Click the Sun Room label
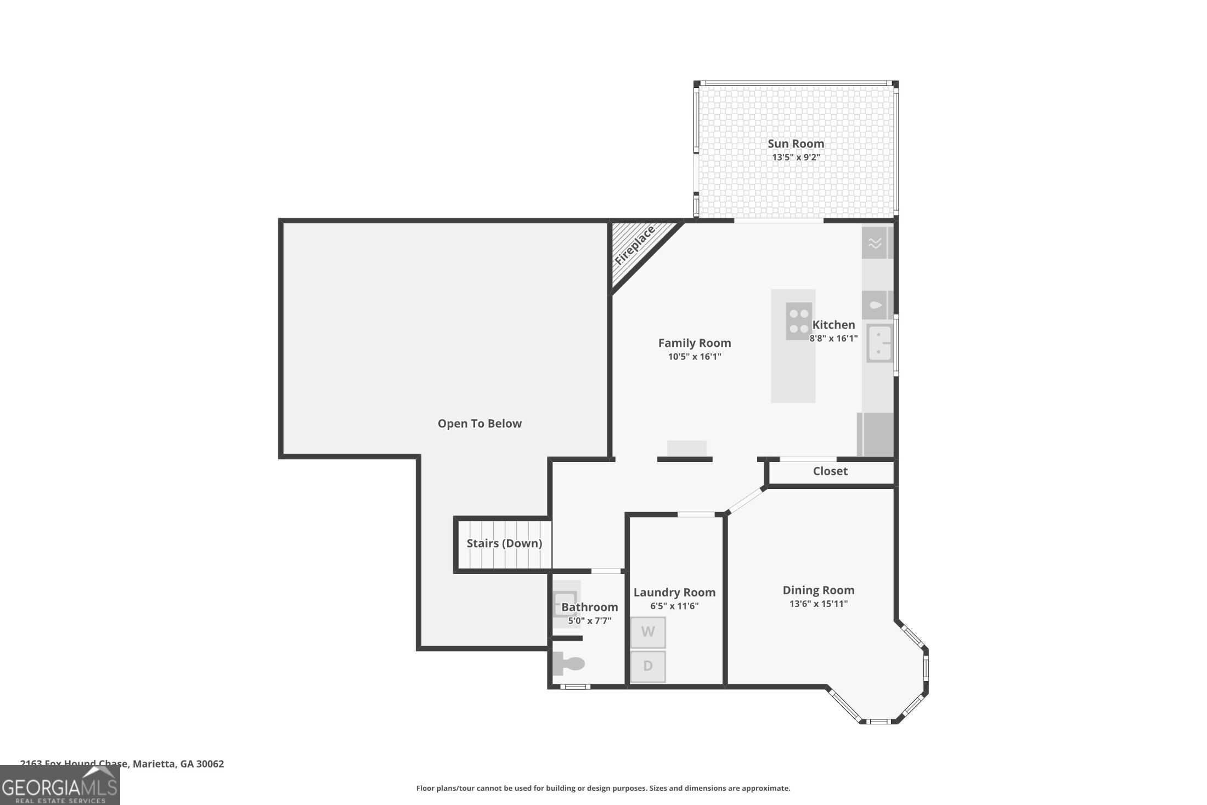[x=796, y=144]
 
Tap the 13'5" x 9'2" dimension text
[x=796, y=157]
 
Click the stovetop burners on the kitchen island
[x=798, y=321]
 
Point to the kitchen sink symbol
[x=879, y=343]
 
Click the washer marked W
[x=648, y=632]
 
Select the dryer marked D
[x=648, y=666]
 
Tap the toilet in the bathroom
[x=567, y=663]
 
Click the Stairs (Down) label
[x=504, y=543]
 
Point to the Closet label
[x=830, y=471]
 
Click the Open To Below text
[x=480, y=424]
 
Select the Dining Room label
[x=818, y=590]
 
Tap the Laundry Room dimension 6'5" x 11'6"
[x=674, y=606]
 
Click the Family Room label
[x=695, y=343]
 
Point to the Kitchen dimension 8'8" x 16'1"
[x=833, y=339]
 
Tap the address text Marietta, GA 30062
[x=178, y=764]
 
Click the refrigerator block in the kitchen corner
[x=877, y=434]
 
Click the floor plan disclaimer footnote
[x=603, y=789]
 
